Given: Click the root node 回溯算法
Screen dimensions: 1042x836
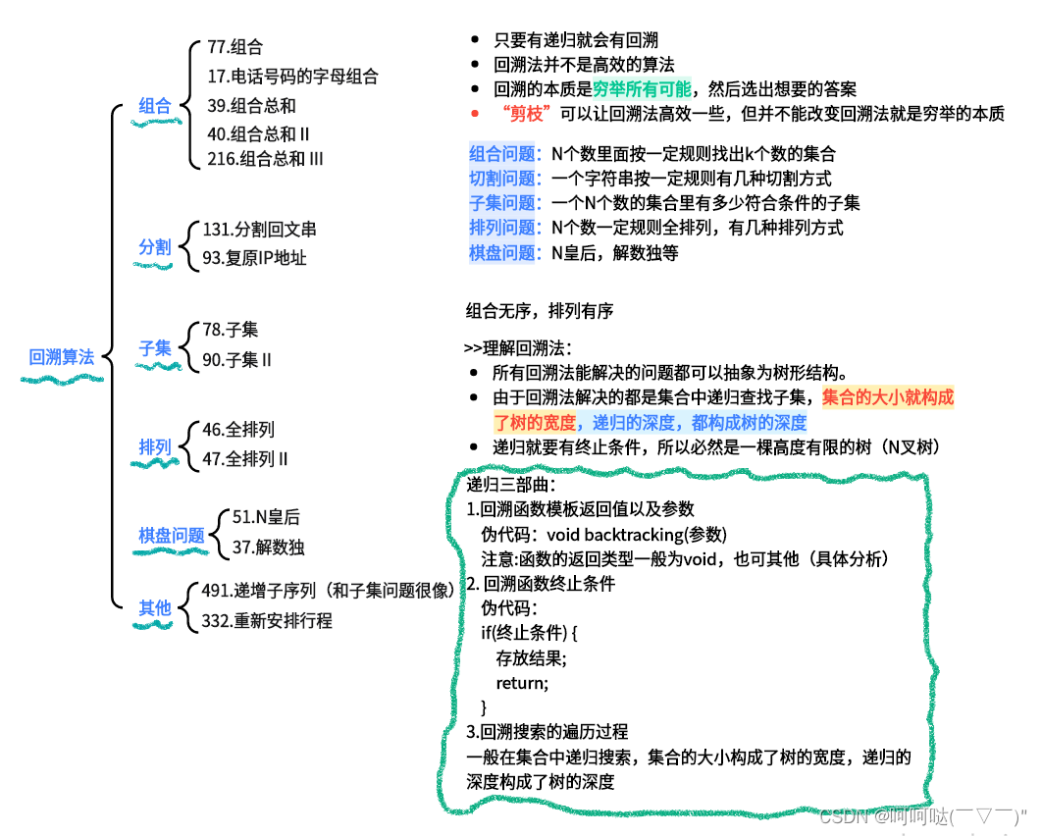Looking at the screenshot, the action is (x=62, y=357).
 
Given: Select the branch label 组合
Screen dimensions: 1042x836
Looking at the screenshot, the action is (x=155, y=106).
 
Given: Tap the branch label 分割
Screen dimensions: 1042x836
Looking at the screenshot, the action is (x=155, y=246).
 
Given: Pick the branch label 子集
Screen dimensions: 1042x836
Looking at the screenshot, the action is (x=155, y=347).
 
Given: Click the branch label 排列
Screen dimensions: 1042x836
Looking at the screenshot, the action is (x=155, y=447).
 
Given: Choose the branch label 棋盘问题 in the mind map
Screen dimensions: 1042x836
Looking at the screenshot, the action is (x=172, y=535).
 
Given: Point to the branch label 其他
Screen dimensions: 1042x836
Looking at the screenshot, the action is (x=155, y=607).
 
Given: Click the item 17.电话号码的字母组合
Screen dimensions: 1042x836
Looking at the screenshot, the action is (x=292, y=76).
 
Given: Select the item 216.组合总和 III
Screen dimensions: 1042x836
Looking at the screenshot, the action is (x=265, y=158).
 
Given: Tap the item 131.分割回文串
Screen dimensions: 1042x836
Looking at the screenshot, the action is (x=259, y=230).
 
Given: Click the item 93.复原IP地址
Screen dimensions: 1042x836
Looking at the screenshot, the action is (x=254, y=258).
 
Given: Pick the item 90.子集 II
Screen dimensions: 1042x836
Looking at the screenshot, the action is (x=236, y=359).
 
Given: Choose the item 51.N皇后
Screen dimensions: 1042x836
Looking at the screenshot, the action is (x=266, y=517).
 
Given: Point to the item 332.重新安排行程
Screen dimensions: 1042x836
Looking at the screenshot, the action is (x=267, y=620).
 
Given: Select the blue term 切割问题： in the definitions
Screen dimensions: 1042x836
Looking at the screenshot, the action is (x=504, y=178).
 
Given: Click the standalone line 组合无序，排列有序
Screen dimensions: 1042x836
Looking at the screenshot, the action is (x=539, y=312).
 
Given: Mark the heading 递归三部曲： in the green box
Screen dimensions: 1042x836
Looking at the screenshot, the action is (x=510, y=485).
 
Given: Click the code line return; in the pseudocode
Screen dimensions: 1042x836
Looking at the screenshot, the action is (x=522, y=682).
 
